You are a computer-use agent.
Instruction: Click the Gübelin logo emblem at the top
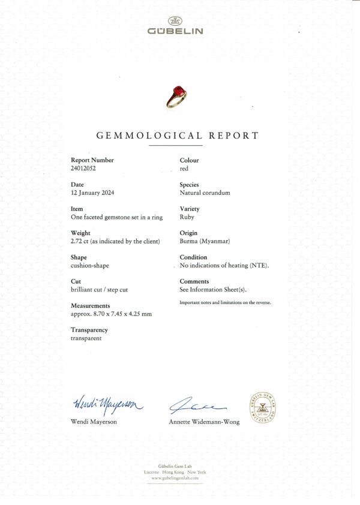click(176, 21)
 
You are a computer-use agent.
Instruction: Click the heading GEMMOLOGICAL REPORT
click(178, 136)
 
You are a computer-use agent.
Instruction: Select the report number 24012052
click(83, 169)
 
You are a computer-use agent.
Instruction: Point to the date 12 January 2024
click(92, 193)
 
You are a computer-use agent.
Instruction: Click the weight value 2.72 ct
click(80, 241)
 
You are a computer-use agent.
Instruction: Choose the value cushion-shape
click(90, 265)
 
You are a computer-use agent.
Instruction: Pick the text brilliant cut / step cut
click(99, 290)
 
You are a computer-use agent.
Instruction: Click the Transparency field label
click(89, 330)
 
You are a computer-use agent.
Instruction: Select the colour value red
click(184, 169)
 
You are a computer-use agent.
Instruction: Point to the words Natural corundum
click(205, 193)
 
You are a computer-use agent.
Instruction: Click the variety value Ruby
click(187, 217)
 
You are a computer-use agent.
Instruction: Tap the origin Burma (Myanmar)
click(205, 241)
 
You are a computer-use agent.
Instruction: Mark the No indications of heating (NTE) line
click(224, 265)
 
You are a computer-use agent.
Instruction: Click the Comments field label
click(194, 281)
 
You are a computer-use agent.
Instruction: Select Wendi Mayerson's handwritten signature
click(108, 405)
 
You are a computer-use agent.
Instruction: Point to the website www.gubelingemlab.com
click(176, 477)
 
